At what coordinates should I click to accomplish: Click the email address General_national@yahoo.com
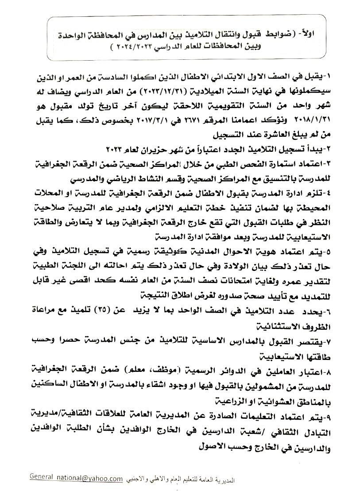coord(76,478)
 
